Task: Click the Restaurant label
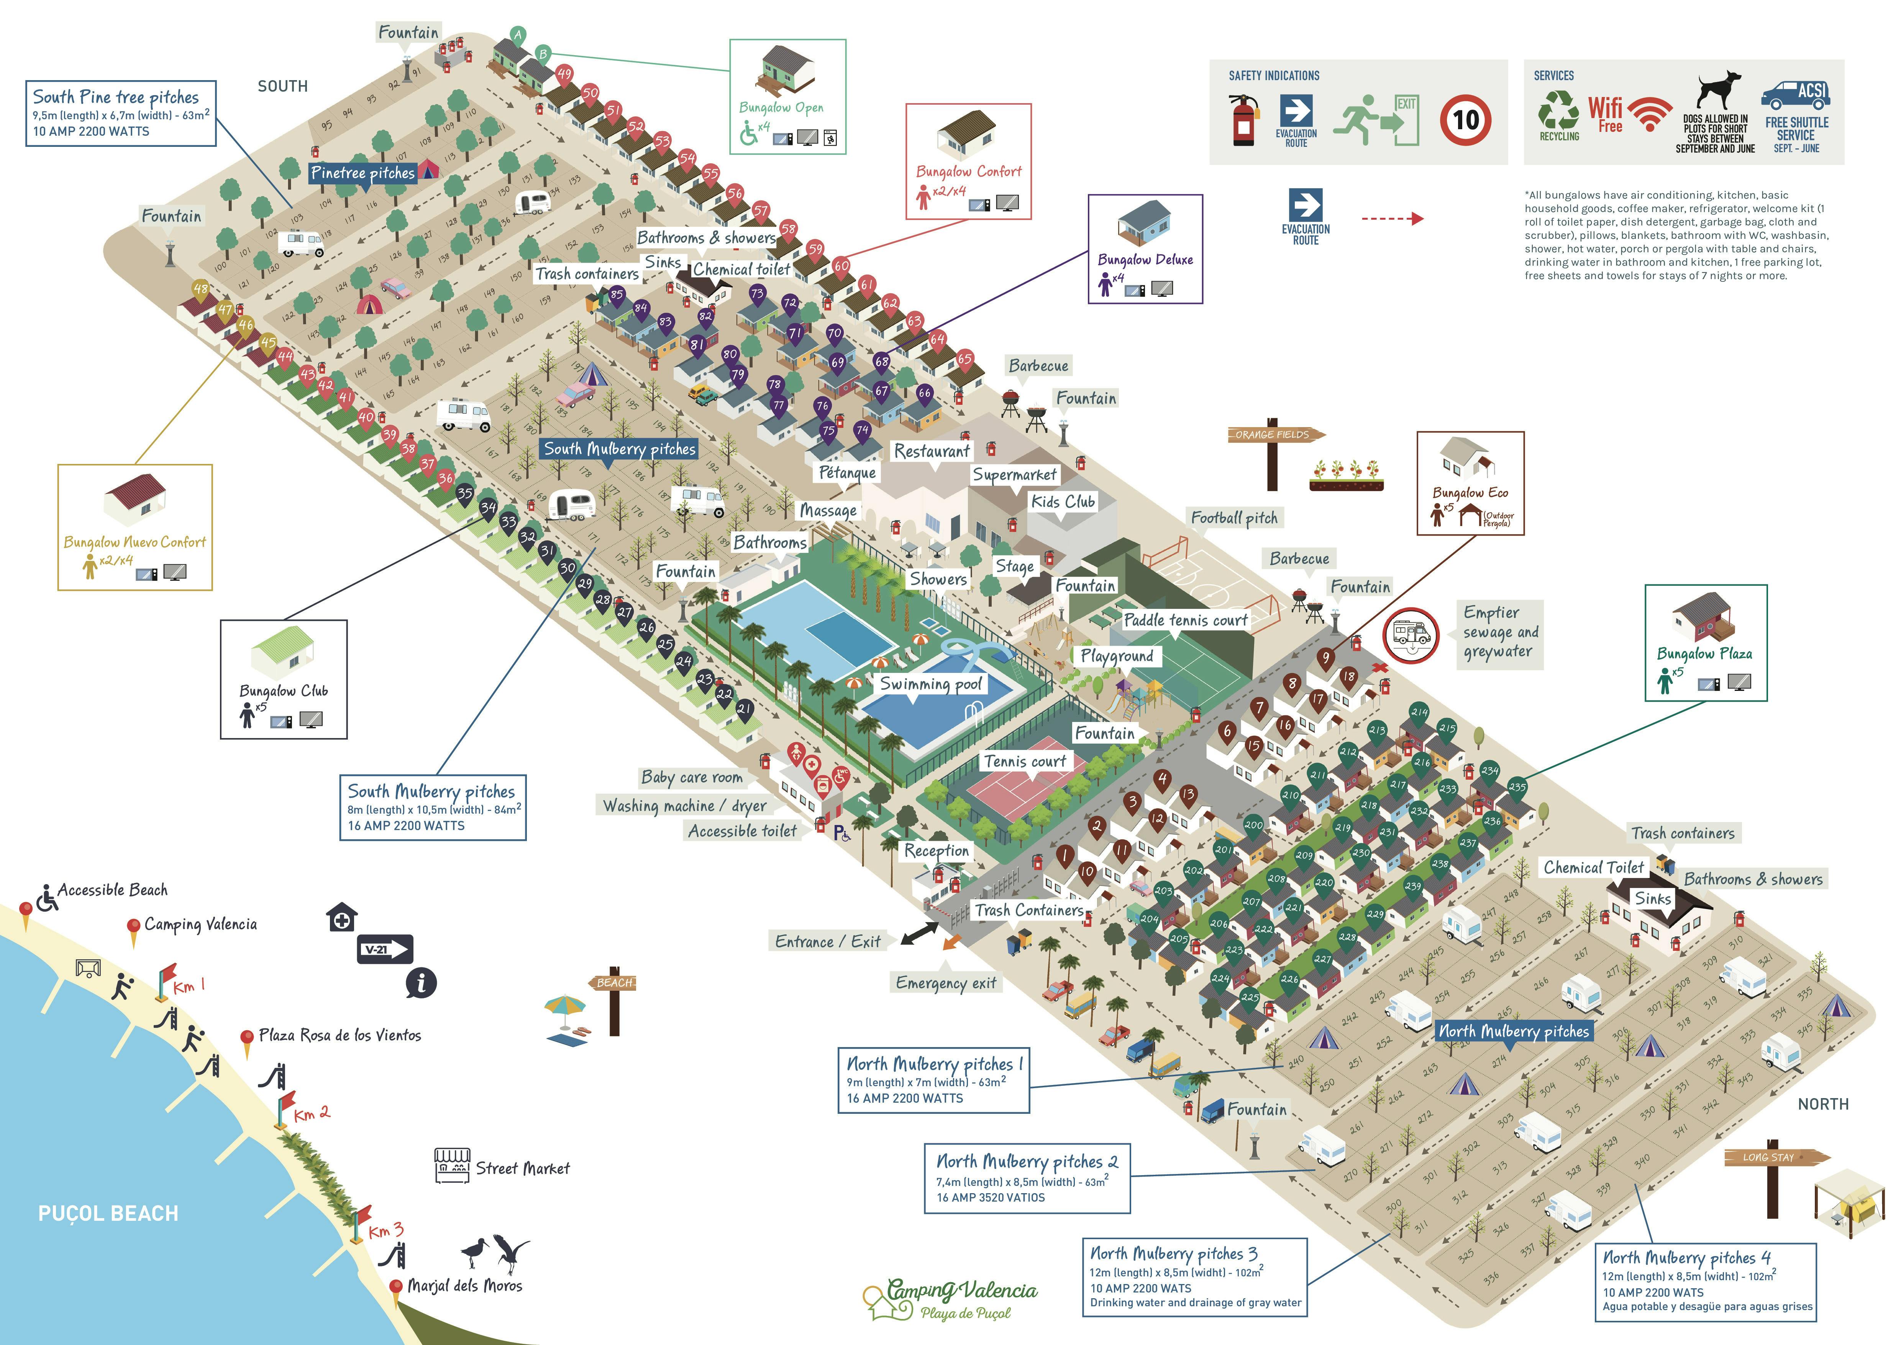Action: [932, 451]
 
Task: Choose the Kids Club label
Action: [1063, 502]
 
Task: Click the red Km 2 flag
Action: [285, 1101]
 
